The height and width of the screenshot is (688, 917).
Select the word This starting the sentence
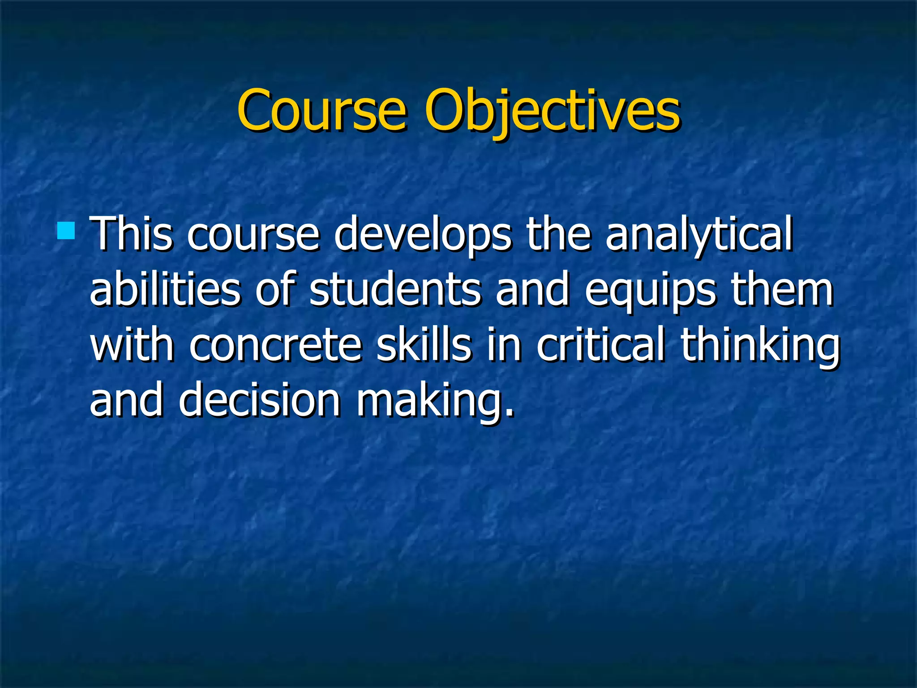pos(131,234)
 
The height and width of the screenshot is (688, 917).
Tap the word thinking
pos(760,346)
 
